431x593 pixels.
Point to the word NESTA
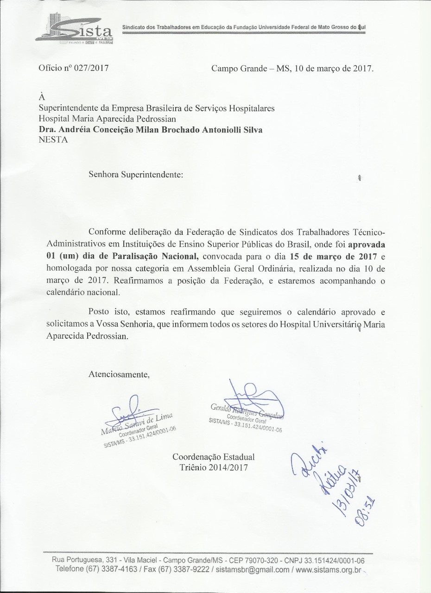click(x=53, y=140)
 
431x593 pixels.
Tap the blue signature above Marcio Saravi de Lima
click(x=127, y=410)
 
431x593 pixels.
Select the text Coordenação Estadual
click(x=213, y=457)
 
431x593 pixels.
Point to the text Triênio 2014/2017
click(x=213, y=467)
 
